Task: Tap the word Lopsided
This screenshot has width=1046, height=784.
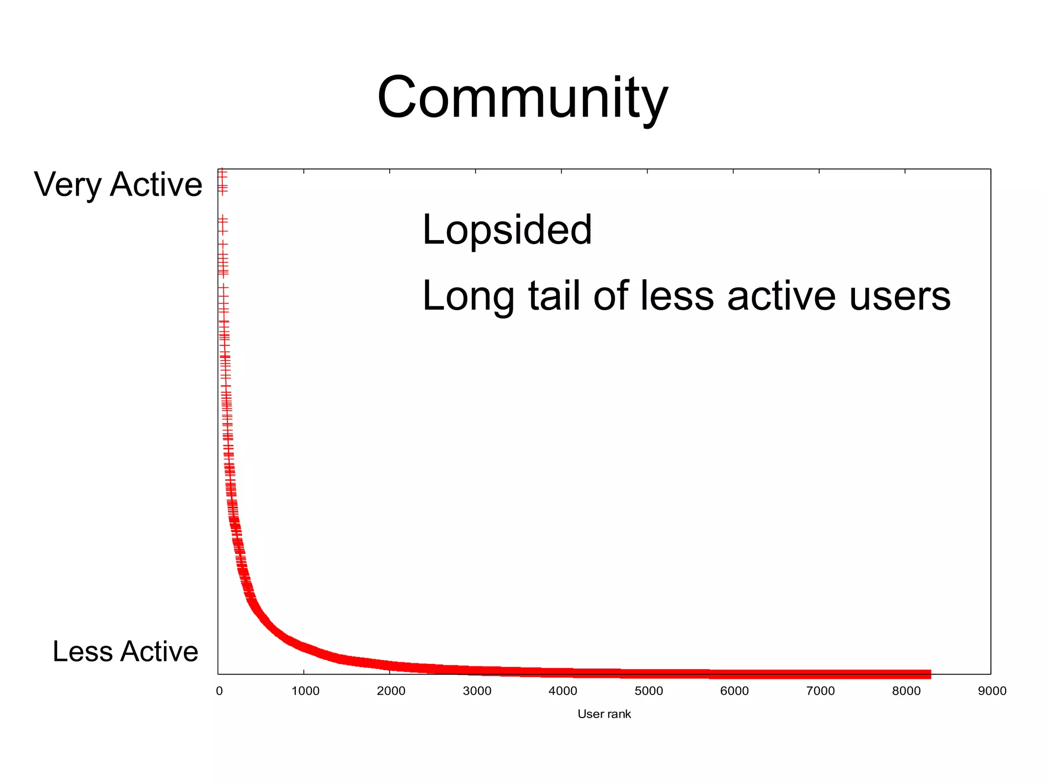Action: coord(507,230)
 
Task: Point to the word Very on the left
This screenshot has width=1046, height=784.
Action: coord(67,185)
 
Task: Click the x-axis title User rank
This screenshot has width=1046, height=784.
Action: coord(604,714)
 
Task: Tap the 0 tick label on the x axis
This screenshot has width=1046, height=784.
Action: coord(219,691)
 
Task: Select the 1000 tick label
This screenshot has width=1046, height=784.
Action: coord(305,691)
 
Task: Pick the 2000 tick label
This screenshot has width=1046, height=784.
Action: coord(391,691)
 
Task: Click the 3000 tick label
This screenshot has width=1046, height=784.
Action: coord(477,691)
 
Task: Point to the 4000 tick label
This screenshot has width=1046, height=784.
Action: coord(562,691)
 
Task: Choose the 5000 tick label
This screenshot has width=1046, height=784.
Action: coord(648,691)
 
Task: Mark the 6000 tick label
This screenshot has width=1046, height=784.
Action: coord(734,691)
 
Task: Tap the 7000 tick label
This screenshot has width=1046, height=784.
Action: coord(820,691)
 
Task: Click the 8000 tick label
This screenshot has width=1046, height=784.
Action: coord(906,691)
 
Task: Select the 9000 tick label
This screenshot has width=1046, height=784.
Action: coord(992,691)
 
